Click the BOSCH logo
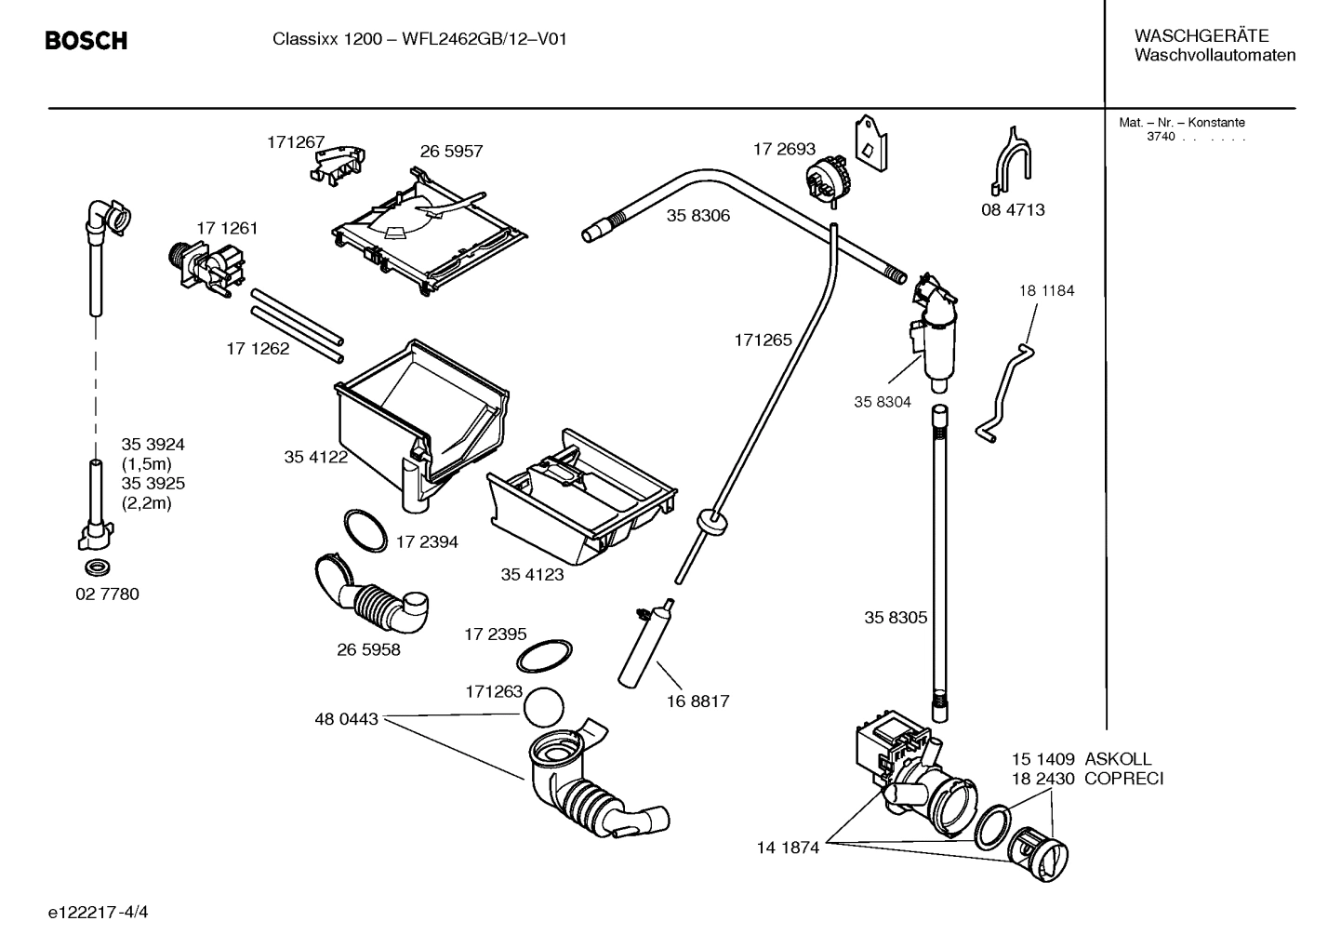pos(86,41)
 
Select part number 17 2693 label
pos(783,149)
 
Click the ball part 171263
pos(544,708)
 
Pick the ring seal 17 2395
pos(544,655)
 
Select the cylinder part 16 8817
pos(643,642)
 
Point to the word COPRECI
pos(1123,779)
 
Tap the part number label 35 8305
pos(895,617)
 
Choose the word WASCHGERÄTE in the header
pos(1201,35)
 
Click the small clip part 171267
pos(336,161)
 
